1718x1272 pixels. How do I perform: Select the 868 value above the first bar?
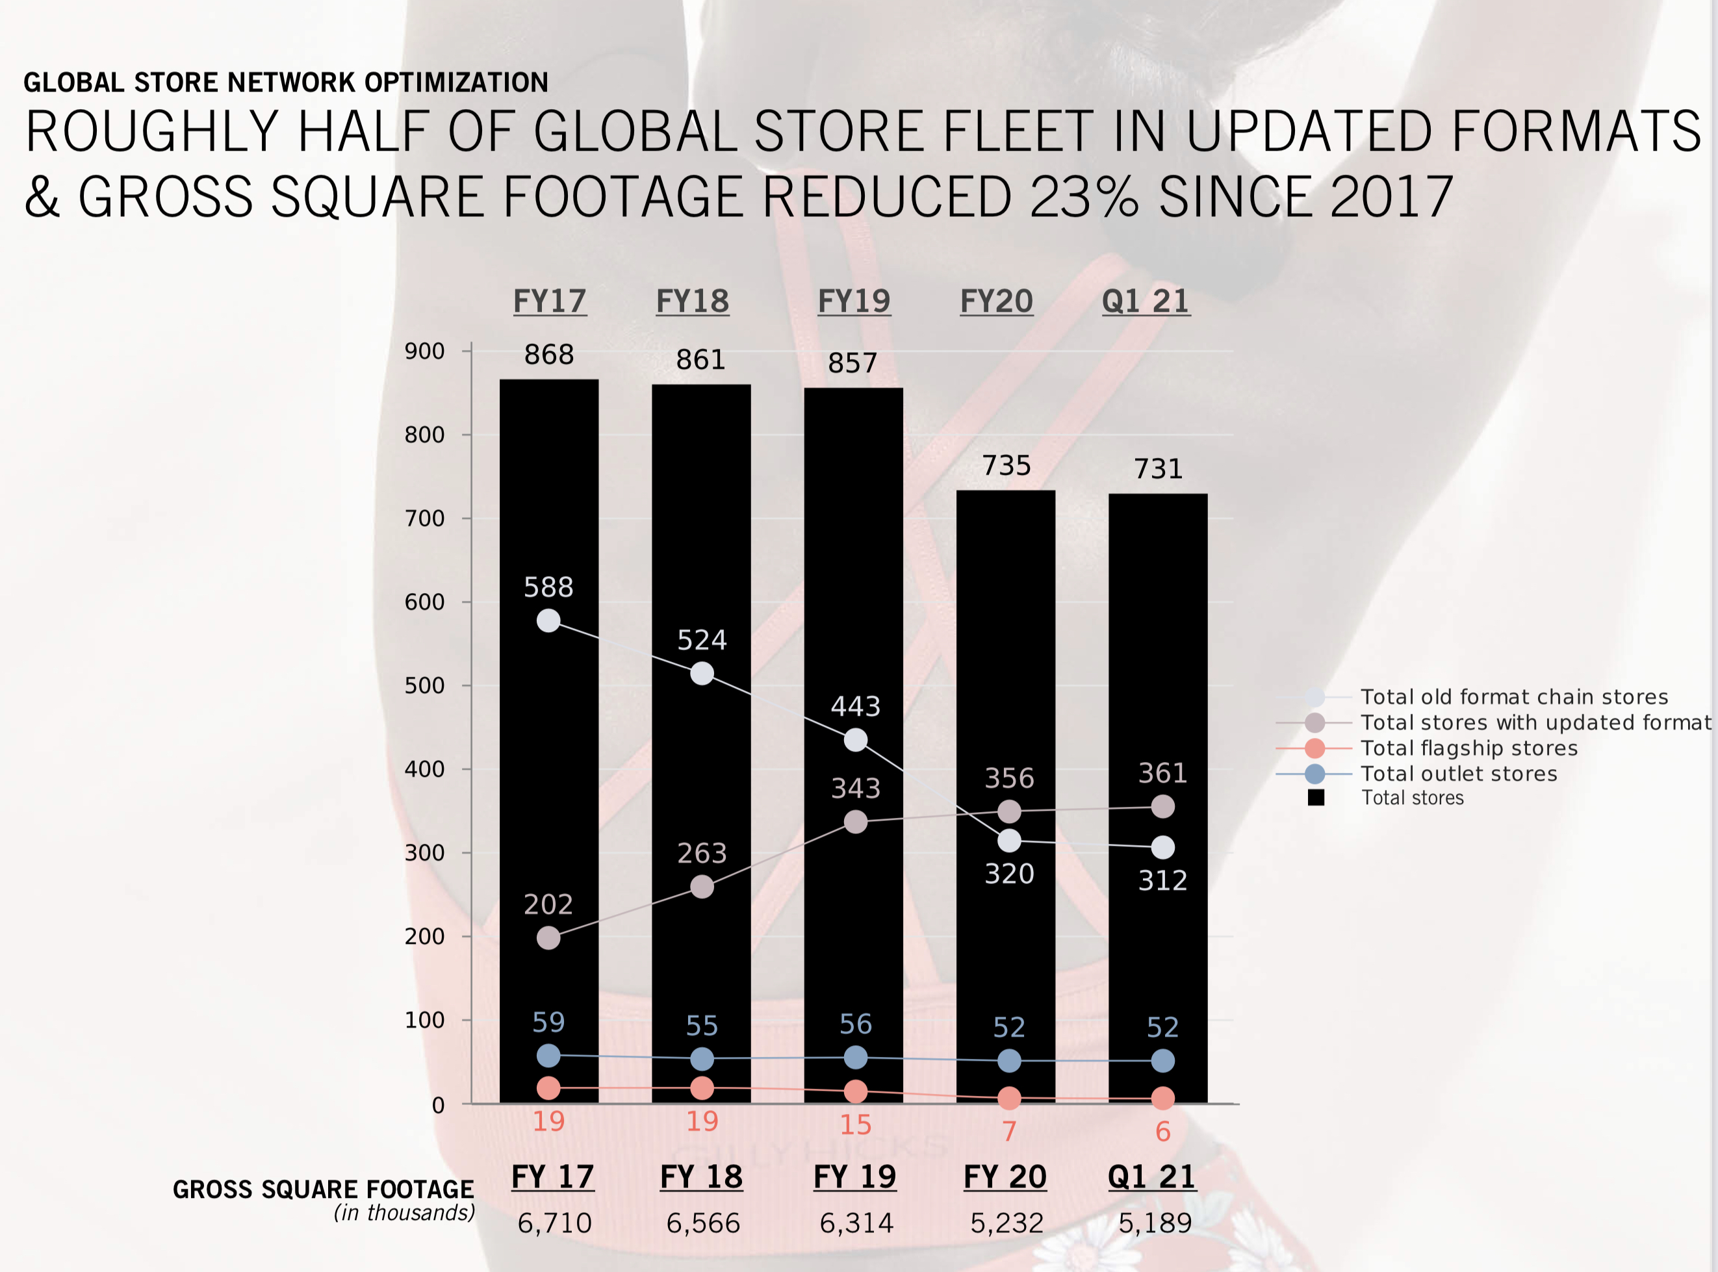(x=549, y=355)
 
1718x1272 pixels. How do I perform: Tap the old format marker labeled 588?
(x=548, y=620)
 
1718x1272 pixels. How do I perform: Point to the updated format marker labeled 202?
(x=548, y=938)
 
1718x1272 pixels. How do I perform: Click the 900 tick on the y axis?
(x=425, y=352)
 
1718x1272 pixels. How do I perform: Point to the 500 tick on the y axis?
(x=425, y=686)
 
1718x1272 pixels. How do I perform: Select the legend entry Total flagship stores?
(x=1468, y=748)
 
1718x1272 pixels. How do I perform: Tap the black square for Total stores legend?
(x=1316, y=798)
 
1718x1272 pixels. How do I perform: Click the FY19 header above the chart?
(x=854, y=301)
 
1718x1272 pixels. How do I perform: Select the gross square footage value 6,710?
(x=554, y=1223)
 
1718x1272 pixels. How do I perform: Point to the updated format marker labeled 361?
(x=1163, y=807)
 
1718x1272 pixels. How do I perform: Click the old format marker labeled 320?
(x=1009, y=841)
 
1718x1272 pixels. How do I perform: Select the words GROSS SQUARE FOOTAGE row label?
(x=324, y=1189)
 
